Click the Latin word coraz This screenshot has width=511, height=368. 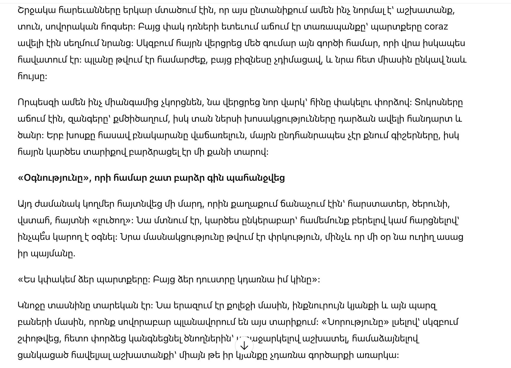pos(436,27)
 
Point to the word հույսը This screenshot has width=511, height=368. pos(32,76)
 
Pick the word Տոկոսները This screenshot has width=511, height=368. pos(438,102)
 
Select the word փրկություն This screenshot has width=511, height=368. pos(288,237)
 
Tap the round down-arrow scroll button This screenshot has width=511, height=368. pos(244,345)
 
